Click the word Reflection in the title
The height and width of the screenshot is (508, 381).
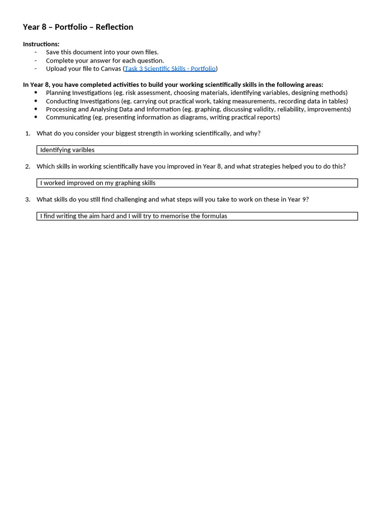tap(114, 27)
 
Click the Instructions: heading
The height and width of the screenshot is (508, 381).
tap(41, 44)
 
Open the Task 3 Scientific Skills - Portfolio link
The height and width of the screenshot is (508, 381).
tap(170, 68)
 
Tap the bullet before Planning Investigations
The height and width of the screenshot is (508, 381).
tap(36, 93)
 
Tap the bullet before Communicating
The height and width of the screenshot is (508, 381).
tap(36, 117)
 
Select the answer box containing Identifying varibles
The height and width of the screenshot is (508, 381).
tap(197, 150)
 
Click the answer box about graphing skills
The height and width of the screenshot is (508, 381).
tap(197, 183)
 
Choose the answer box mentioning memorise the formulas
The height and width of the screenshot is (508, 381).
tap(197, 216)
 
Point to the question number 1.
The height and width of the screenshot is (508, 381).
tap(27, 133)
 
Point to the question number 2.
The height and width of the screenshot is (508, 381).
tap(27, 166)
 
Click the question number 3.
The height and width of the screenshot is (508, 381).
tap(27, 199)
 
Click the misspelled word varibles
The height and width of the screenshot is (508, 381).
tap(83, 150)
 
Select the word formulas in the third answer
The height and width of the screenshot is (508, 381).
tap(214, 216)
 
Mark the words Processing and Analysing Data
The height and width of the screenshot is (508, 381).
tap(88, 109)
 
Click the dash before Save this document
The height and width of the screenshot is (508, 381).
tap(36, 52)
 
